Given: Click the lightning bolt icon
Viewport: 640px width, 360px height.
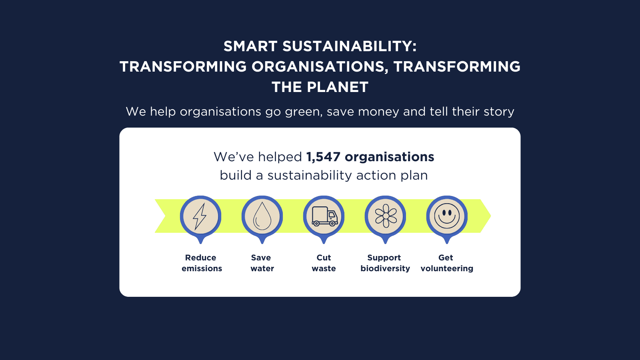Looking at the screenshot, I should tap(200, 216).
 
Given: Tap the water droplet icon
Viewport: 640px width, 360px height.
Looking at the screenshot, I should tap(262, 216).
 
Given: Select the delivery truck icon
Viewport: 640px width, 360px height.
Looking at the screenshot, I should tap(324, 216).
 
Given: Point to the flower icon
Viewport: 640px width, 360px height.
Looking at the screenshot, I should tap(386, 216).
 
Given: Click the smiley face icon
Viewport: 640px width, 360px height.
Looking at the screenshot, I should tap(447, 216).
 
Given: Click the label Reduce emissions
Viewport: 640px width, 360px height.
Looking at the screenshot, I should tap(201, 263).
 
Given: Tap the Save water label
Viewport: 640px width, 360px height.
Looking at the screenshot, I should tap(262, 263).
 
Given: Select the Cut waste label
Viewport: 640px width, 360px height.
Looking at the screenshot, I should tap(324, 263).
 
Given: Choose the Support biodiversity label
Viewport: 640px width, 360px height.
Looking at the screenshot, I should tap(385, 263).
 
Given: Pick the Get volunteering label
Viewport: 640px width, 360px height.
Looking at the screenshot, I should tap(447, 263).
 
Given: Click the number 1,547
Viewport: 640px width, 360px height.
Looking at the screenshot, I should tap(323, 157).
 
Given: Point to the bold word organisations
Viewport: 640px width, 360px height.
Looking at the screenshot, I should tap(389, 157).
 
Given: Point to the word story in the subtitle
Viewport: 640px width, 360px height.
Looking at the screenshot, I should tap(499, 112).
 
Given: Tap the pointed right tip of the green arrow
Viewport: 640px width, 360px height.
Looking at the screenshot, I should tap(490, 216).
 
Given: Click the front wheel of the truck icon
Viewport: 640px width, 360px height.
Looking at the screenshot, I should tap(332, 224).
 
